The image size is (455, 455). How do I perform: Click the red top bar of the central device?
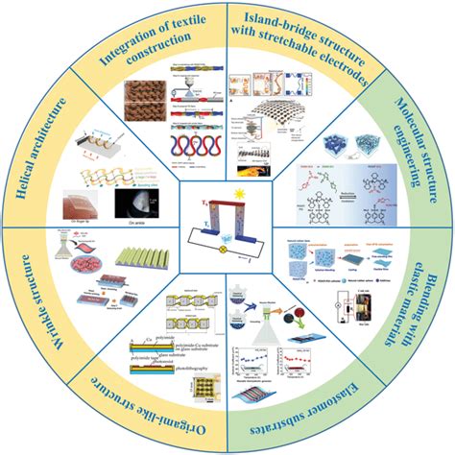pyautogui.click(x=228, y=198)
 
